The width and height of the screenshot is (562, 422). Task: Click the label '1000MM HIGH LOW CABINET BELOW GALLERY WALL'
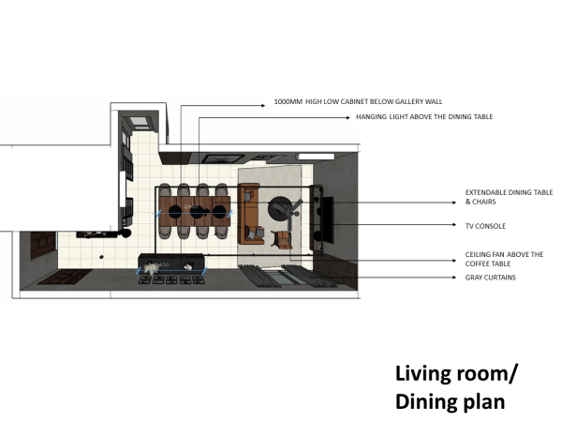pos(357,100)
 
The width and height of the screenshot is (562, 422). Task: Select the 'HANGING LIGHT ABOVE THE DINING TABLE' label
pos(424,117)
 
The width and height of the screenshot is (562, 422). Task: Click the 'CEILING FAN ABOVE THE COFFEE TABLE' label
pos(504,259)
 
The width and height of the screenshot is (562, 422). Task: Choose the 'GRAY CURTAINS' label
pos(490,278)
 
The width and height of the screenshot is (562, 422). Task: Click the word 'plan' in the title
pos(483,401)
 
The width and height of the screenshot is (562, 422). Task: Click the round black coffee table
pos(279,208)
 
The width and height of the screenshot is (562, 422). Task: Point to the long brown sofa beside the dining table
pos(250,214)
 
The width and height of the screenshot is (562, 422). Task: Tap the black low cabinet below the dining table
pos(173,262)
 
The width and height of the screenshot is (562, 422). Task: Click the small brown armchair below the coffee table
pos(279,238)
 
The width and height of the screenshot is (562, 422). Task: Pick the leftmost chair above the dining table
pos(166,190)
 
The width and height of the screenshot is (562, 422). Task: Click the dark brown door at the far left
pos(41,246)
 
